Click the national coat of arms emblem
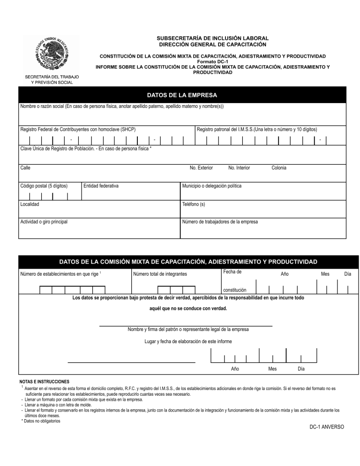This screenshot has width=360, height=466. click(x=52, y=54)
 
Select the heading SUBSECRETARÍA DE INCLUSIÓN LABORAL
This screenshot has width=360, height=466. click(x=212, y=38)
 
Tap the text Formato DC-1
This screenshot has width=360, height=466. click(x=212, y=61)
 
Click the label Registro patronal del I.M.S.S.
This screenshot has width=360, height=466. click(x=257, y=129)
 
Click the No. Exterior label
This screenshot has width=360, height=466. click(x=201, y=168)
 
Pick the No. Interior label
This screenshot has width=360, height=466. click(x=239, y=168)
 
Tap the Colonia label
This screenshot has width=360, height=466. click(x=279, y=168)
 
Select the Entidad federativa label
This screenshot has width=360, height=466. click(x=101, y=186)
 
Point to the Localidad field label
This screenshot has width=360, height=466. click(x=30, y=204)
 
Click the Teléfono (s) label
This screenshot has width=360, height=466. click(x=193, y=204)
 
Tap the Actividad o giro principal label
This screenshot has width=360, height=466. click(x=44, y=222)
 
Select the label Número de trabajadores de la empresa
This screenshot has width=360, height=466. click(x=219, y=222)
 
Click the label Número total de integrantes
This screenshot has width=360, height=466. click(x=160, y=274)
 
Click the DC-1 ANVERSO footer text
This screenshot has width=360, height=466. click(x=326, y=427)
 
